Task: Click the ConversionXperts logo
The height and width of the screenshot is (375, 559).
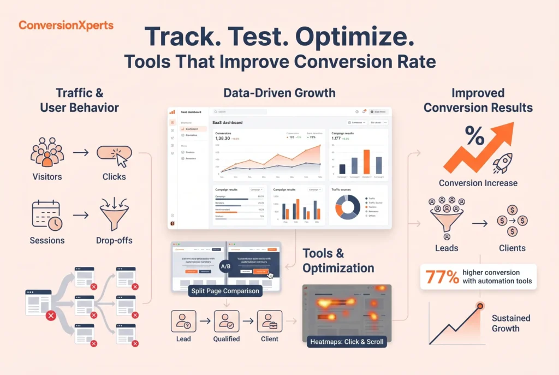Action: click(x=66, y=25)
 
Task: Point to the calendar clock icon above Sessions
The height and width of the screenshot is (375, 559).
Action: click(x=46, y=215)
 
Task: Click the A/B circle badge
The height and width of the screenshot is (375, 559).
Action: click(x=225, y=266)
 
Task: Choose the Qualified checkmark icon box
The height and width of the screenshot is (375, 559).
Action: click(x=226, y=321)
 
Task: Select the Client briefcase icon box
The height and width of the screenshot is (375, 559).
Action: click(x=269, y=321)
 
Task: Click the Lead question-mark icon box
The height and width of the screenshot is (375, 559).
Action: click(x=183, y=321)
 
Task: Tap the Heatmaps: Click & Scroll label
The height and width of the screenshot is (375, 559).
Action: click(x=346, y=342)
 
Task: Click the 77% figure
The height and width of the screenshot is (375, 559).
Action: click(x=439, y=277)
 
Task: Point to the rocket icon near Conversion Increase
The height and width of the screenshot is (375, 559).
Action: click(x=503, y=162)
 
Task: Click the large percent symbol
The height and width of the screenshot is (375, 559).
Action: click(x=474, y=136)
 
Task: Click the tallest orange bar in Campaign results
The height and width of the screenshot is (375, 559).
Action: click(x=366, y=162)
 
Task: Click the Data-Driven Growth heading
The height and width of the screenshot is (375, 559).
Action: click(x=279, y=93)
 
